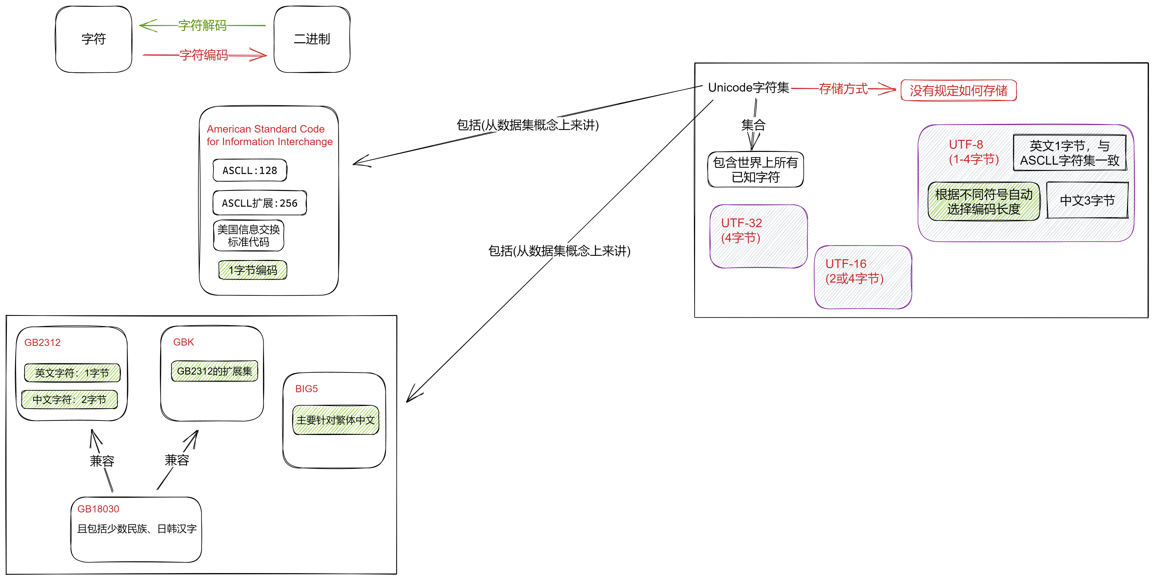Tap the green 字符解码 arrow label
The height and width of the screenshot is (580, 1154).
coord(202,26)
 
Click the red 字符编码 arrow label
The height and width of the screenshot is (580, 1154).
coord(204,55)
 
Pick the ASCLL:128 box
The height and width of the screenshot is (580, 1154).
coord(250,170)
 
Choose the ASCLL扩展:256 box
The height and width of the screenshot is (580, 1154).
coord(260,203)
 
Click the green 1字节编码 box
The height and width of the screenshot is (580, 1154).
coord(253,270)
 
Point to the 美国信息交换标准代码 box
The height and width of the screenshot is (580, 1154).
coord(249,235)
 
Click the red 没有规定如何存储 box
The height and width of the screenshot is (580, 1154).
coord(959,91)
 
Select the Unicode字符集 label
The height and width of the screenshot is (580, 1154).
coord(748,87)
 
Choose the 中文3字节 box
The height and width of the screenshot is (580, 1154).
coord(1087,200)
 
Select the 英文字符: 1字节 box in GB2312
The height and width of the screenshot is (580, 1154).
coord(72,373)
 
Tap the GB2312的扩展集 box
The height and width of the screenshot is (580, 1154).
coord(215,371)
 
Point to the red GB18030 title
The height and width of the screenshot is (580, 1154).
coord(98,509)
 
